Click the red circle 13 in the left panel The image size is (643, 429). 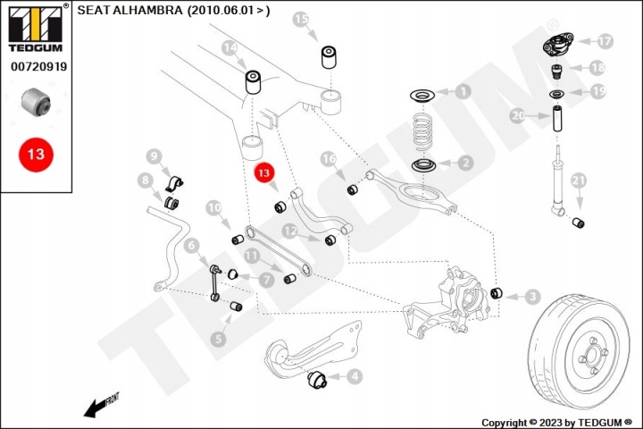click(x=36, y=155)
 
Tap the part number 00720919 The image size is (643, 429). click(x=38, y=66)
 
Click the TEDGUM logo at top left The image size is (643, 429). click(x=36, y=29)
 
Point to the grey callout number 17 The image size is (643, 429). click(x=605, y=41)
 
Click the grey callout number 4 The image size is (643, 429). click(x=355, y=376)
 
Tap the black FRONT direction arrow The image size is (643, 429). click(x=100, y=406)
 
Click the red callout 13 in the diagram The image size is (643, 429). click(x=263, y=172)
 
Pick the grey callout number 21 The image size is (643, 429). click(x=578, y=181)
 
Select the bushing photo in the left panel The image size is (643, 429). click(x=36, y=102)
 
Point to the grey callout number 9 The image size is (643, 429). click(x=154, y=156)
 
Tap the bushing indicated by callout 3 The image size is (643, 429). click(x=497, y=293)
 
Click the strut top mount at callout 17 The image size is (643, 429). click(x=558, y=45)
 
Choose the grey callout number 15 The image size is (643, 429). click(x=301, y=19)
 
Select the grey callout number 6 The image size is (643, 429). click(x=191, y=246)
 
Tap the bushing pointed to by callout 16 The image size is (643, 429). click(x=353, y=190)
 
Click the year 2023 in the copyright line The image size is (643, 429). click(x=551, y=423)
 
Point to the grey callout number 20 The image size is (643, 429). click(x=518, y=116)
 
